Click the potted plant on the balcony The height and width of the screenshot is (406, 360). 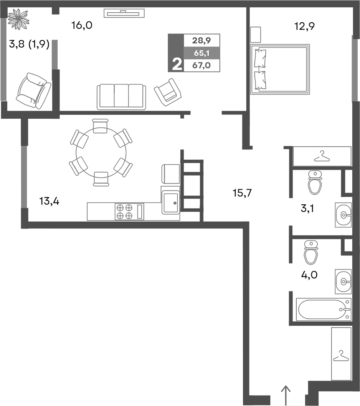(18, 18)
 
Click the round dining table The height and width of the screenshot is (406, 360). (101, 152)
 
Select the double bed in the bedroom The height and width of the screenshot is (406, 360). (280, 69)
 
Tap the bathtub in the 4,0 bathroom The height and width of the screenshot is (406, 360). (324, 309)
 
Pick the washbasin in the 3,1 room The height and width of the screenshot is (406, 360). (343, 215)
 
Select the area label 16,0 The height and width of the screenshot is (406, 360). (82, 26)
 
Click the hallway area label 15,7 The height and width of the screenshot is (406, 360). (242, 192)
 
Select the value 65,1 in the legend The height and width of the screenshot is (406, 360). (201, 53)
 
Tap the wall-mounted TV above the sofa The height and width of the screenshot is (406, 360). (124, 13)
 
